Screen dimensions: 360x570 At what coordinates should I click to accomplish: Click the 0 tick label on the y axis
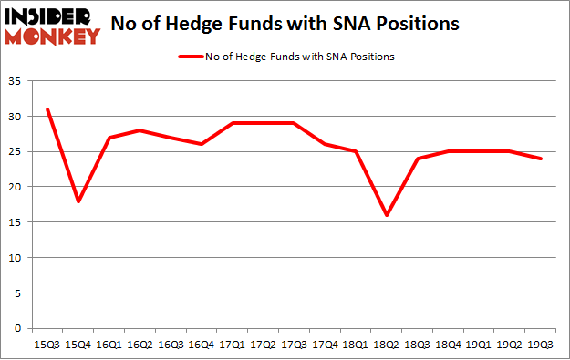point(19,328)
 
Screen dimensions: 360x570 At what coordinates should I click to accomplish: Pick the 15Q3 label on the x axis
point(47,344)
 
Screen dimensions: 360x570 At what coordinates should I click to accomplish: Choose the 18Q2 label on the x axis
point(388,344)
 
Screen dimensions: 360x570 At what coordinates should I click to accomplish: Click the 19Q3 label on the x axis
point(542,344)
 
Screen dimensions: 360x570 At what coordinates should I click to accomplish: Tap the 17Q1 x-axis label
point(233,344)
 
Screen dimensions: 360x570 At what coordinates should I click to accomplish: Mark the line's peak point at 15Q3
point(47,109)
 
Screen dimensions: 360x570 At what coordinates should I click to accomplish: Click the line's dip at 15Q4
point(78,201)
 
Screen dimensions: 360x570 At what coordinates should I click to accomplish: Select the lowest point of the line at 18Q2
point(388,215)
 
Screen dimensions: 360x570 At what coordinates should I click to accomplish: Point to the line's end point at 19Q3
point(542,159)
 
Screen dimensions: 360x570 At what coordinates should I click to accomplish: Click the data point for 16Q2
point(140,130)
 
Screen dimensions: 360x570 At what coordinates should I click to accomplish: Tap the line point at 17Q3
point(295,123)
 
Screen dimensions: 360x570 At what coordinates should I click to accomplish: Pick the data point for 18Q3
point(419,159)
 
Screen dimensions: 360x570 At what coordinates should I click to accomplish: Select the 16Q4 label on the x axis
point(202,344)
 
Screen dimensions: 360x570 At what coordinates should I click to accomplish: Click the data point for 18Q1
point(357,151)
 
